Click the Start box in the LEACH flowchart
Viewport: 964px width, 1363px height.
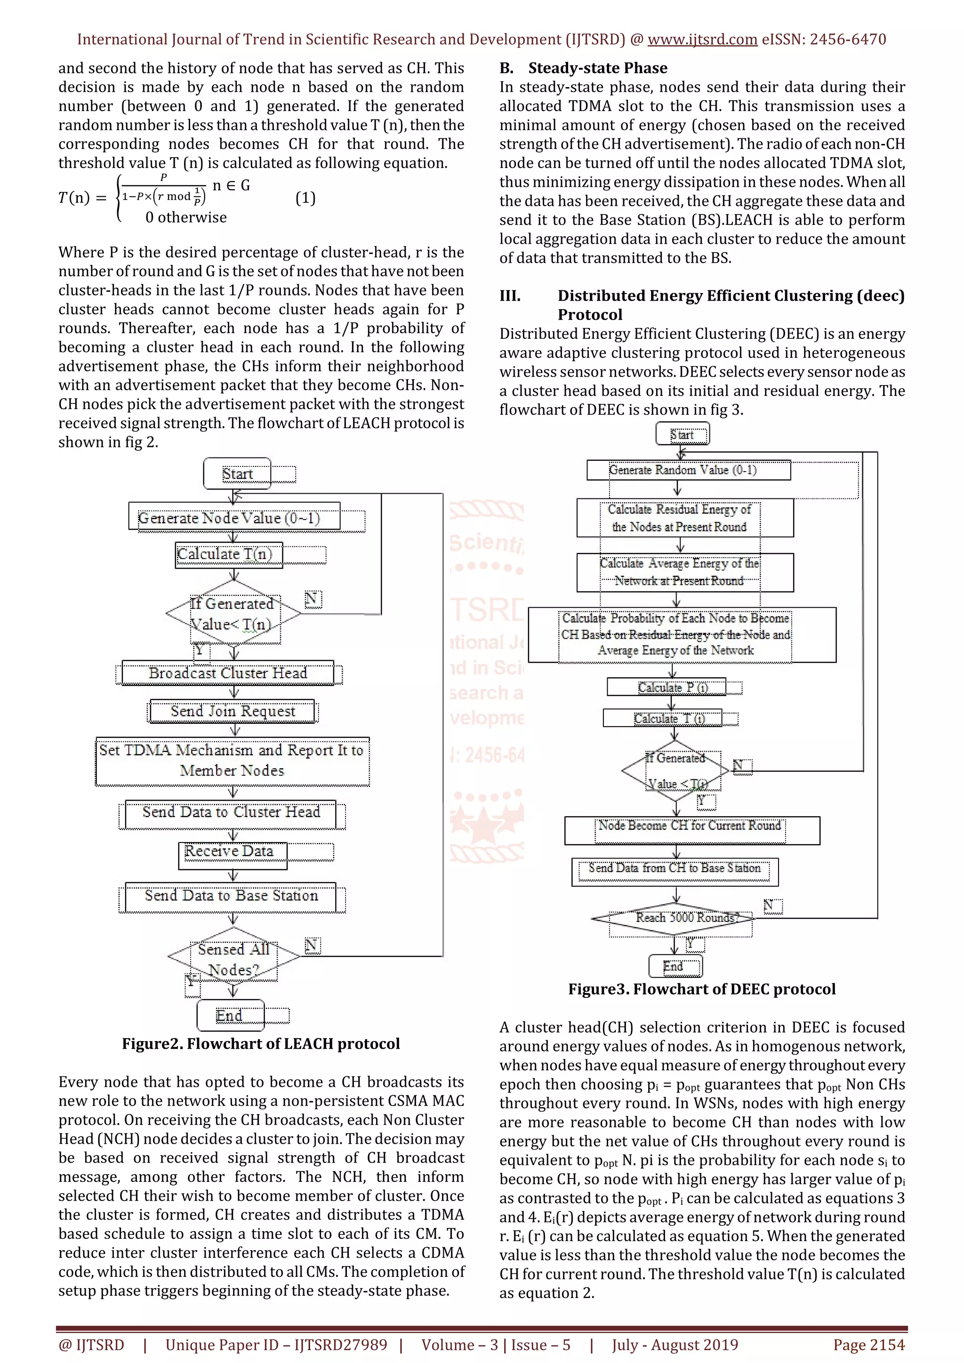tap(237, 474)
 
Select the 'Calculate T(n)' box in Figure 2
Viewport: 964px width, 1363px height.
tap(229, 554)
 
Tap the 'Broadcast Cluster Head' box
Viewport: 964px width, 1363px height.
tap(228, 673)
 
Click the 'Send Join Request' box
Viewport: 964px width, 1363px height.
tap(233, 711)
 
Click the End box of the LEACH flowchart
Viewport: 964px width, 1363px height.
tap(230, 1015)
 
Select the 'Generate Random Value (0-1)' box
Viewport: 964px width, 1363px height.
tap(688, 470)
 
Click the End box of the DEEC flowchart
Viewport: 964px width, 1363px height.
tap(675, 966)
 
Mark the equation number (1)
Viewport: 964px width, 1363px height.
tap(305, 198)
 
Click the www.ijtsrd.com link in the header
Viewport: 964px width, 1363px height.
tap(702, 40)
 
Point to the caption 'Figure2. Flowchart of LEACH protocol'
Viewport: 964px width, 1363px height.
tap(261, 1043)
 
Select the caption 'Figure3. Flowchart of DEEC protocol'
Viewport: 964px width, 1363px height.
tap(702, 989)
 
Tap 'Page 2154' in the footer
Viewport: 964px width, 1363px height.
tap(868, 1345)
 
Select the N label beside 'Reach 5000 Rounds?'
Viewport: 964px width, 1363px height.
tap(772, 906)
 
